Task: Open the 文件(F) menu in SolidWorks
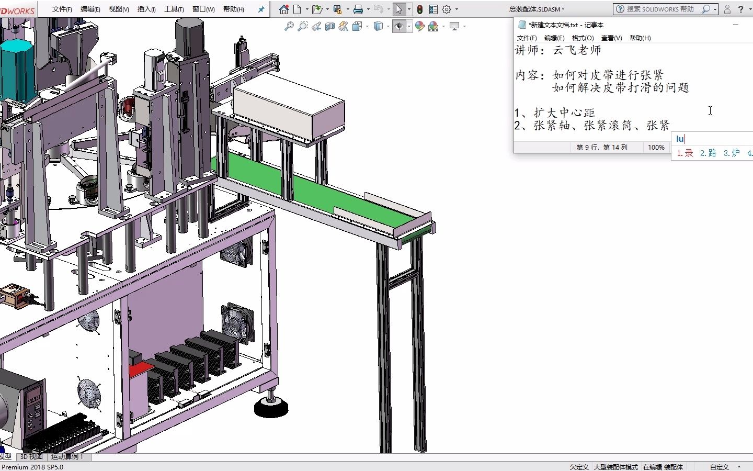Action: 62,9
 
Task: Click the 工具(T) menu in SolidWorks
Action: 174,9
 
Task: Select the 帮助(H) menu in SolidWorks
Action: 234,9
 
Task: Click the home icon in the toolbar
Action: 284,9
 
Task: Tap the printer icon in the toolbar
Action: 358,9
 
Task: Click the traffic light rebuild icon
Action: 420,9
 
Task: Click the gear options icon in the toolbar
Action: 447,9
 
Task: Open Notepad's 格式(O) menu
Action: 583,38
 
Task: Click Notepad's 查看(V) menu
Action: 611,38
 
